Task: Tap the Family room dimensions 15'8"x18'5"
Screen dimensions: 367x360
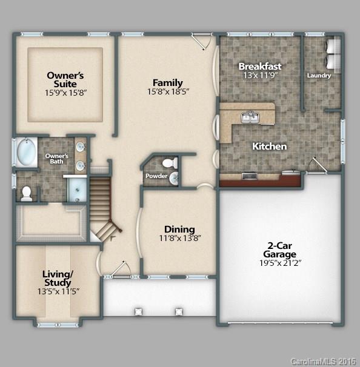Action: tap(168, 92)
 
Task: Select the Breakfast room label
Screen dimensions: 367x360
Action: tap(260, 66)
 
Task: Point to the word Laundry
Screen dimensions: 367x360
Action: tap(319, 76)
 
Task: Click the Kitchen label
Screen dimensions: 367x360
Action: tap(269, 147)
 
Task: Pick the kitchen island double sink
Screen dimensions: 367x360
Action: tap(249, 117)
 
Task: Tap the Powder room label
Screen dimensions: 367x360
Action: tap(156, 176)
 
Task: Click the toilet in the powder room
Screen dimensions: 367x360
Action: tap(172, 162)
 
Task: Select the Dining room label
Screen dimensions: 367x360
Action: tap(179, 229)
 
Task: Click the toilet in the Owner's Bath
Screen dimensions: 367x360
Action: tap(26, 193)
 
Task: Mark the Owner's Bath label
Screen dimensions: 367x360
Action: tap(57, 159)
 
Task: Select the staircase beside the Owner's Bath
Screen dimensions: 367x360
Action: tap(101, 203)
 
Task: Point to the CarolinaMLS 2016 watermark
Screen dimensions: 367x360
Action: tap(324, 362)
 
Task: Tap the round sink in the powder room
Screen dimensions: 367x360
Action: tap(173, 178)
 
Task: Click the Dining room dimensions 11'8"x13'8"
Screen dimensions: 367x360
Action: tap(179, 238)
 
